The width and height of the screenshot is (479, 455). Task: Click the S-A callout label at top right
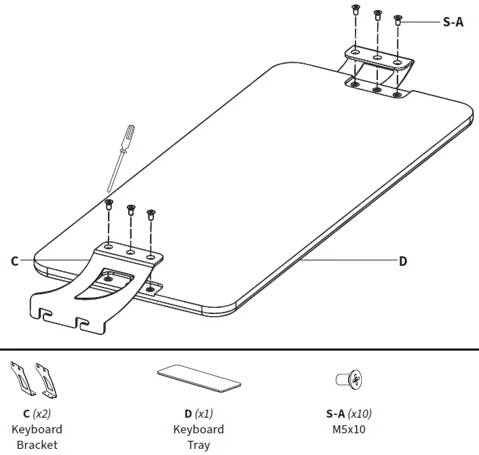(453, 22)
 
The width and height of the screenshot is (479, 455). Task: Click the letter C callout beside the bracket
(14, 260)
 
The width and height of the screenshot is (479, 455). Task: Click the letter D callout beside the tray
(403, 261)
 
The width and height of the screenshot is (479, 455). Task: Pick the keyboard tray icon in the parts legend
(198, 378)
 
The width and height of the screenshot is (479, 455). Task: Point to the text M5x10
(348, 429)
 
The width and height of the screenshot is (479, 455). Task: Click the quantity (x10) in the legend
(360, 414)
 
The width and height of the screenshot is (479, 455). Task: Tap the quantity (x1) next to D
(204, 414)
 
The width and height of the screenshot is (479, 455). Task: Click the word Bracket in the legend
(37, 446)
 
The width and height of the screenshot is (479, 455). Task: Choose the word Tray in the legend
(198, 446)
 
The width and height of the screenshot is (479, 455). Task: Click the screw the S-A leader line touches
(398, 21)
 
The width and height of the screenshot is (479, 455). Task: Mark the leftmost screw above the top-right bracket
(354, 9)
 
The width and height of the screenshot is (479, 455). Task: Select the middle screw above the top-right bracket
(377, 15)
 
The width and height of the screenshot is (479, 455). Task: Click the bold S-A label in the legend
(335, 414)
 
